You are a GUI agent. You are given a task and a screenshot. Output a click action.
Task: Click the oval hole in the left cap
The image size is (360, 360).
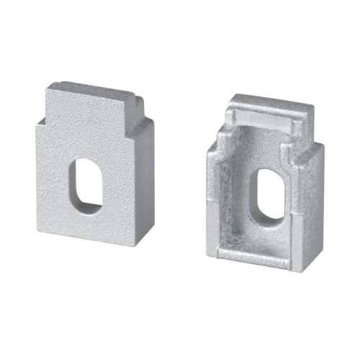(86, 186)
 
